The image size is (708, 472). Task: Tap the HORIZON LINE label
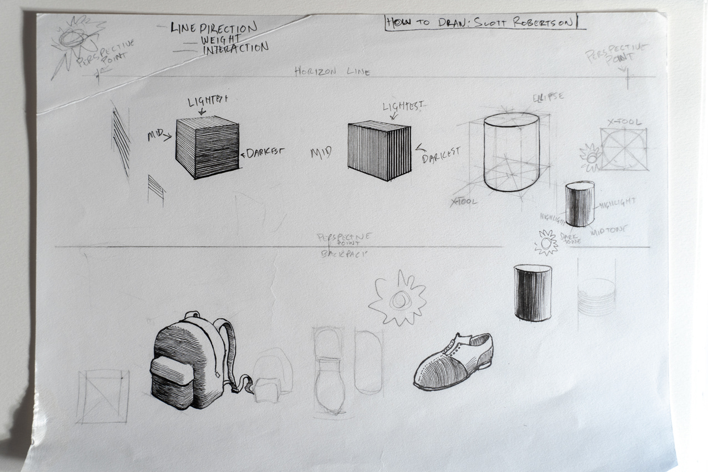point(332,71)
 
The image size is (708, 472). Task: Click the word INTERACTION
point(235,49)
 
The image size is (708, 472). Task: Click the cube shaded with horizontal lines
point(207,147)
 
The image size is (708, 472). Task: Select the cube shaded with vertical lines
point(379,151)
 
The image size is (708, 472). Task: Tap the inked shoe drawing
point(452,362)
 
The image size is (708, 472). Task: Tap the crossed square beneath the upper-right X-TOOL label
point(623,149)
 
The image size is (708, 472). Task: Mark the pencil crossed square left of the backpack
point(103,396)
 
